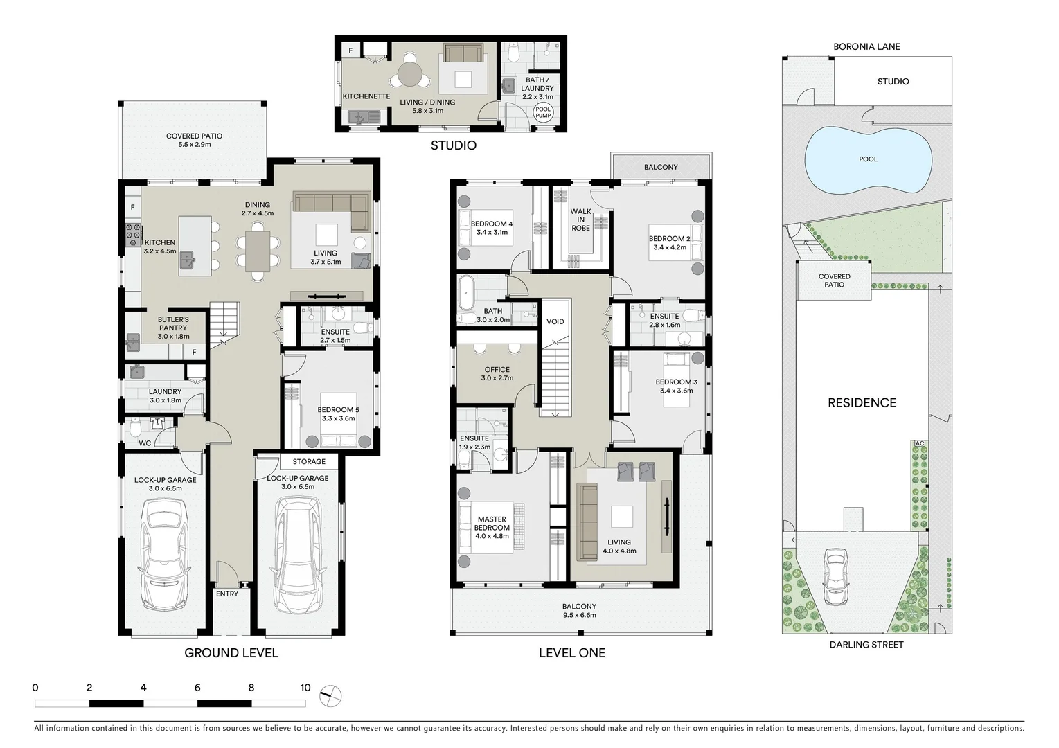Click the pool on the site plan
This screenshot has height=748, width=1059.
tap(867, 160)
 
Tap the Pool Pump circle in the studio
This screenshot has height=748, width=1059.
tap(543, 112)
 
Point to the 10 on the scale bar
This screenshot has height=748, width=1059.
tap(305, 688)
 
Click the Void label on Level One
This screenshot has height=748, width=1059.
tap(555, 321)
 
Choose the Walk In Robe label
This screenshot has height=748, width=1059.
tap(580, 220)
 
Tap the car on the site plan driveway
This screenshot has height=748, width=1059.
tap(836, 577)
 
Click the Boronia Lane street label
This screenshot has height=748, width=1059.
tap(866, 46)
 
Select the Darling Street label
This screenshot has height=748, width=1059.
tap(866, 645)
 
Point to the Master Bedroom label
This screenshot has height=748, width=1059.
tap(492, 523)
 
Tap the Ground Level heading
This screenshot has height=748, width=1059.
tap(231, 652)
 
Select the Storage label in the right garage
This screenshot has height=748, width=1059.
tap(309, 461)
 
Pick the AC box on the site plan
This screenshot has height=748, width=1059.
tap(920, 443)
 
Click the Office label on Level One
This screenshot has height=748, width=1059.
tap(497, 370)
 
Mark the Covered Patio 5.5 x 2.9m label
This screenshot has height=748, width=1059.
tap(194, 140)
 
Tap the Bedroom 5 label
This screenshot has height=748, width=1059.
tap(338, 410)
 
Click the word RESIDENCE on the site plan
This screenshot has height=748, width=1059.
tap(862, 403)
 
